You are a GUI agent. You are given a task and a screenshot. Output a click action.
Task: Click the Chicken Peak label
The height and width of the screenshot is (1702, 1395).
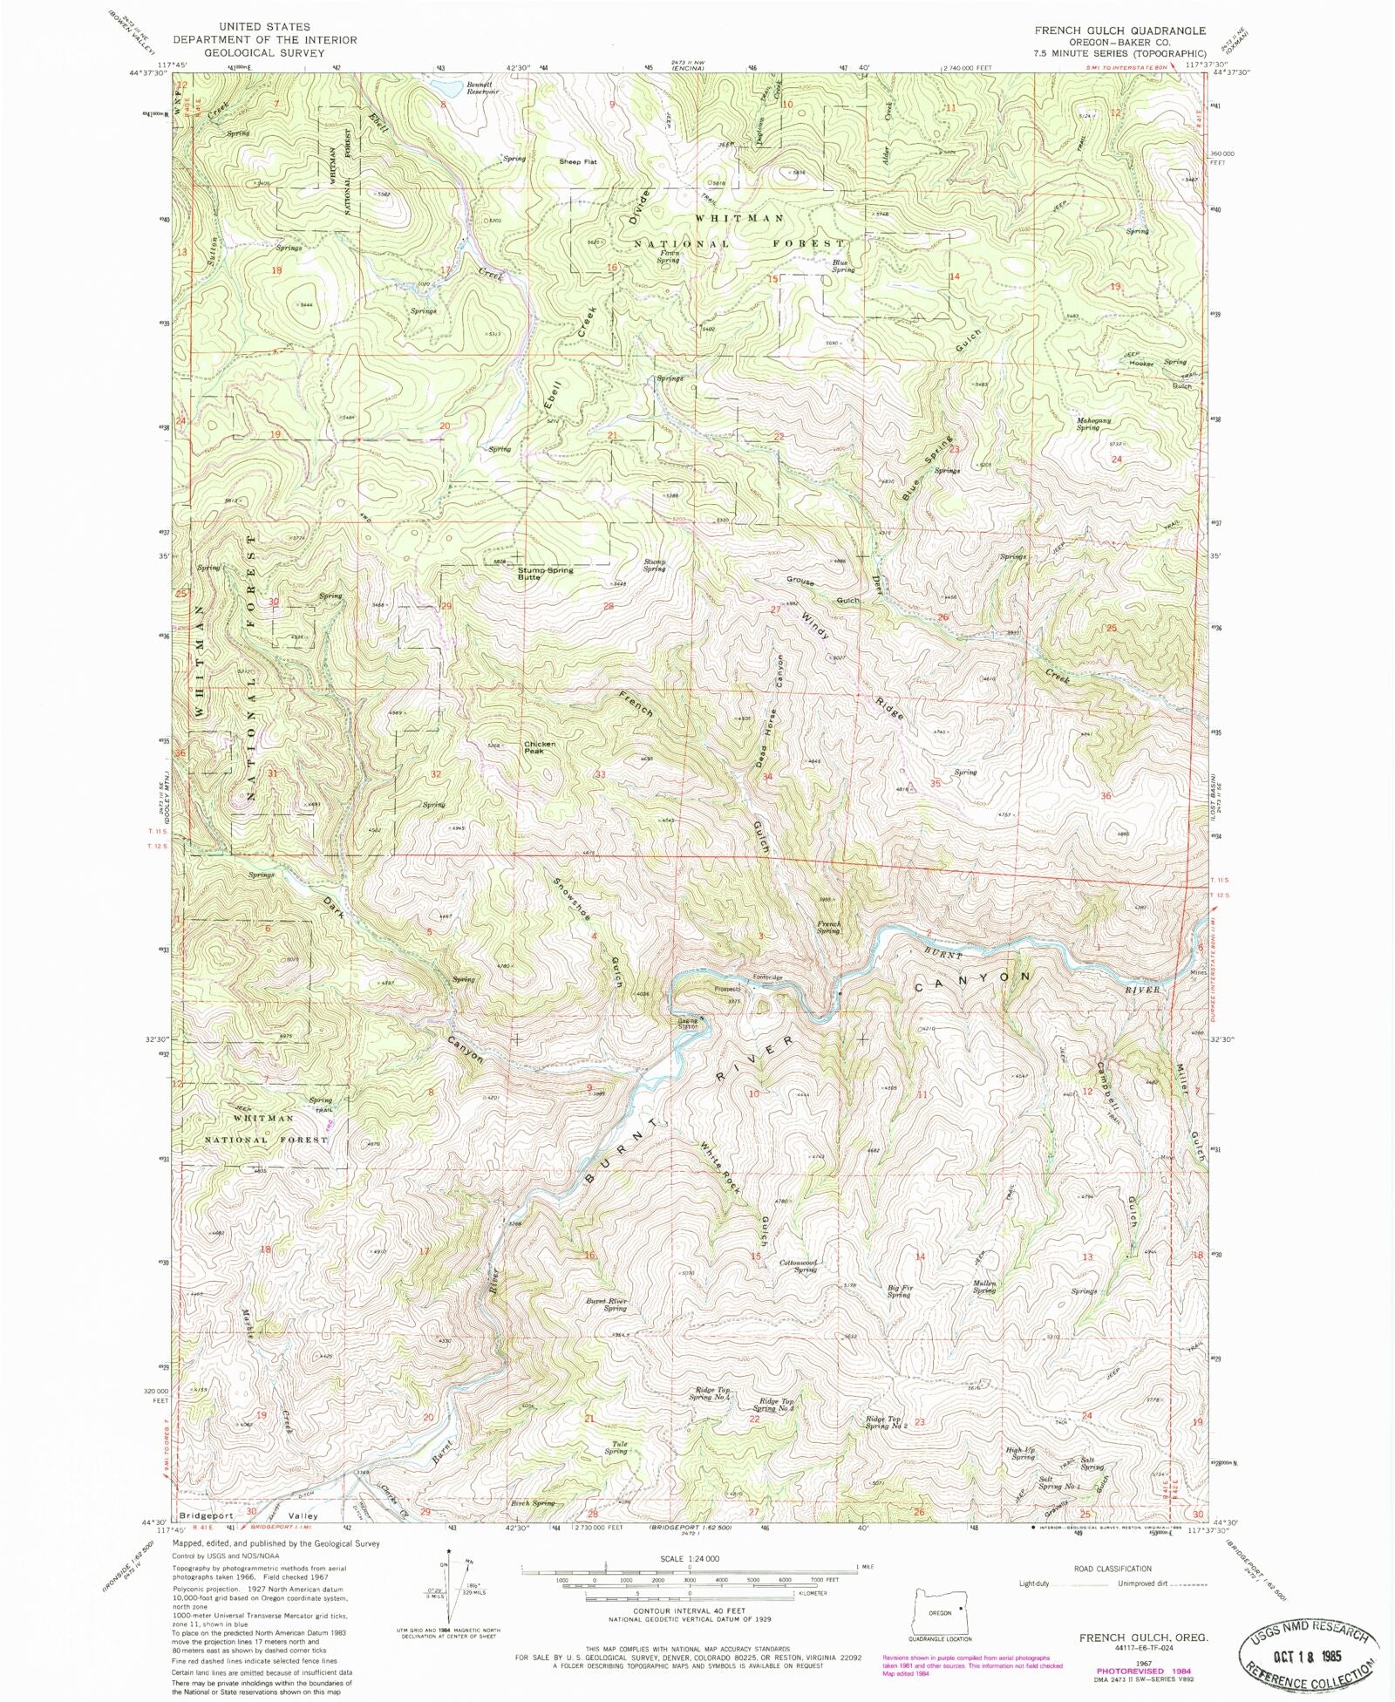click(540, 747)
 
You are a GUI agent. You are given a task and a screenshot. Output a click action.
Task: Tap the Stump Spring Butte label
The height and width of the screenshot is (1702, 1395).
click(545, 573)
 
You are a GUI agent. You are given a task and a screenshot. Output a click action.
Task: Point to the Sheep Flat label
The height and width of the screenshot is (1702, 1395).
click(577, 161)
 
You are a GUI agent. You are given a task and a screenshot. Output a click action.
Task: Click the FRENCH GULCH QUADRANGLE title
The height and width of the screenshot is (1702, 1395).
click(1120, 30)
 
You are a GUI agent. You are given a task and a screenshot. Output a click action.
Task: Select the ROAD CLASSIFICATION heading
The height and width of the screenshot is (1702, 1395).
click(1113, 1569)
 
